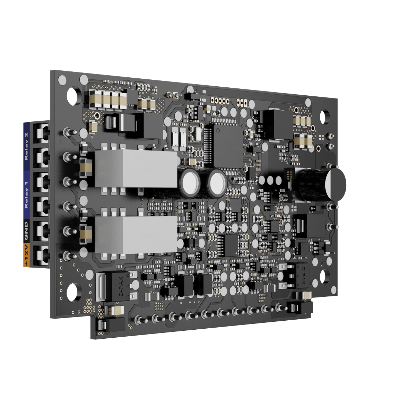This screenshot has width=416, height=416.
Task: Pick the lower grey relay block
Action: click(x=136, y=235)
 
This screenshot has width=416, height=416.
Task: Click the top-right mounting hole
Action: click(x=325, y=117)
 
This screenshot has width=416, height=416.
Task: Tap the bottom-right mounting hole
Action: click(x=325, y=276)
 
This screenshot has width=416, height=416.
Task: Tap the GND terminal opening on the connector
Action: click(x=42, y=232)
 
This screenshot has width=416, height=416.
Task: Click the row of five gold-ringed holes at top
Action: click(x=219, y=101)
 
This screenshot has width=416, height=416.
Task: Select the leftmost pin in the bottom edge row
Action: click(x=139, y=319)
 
